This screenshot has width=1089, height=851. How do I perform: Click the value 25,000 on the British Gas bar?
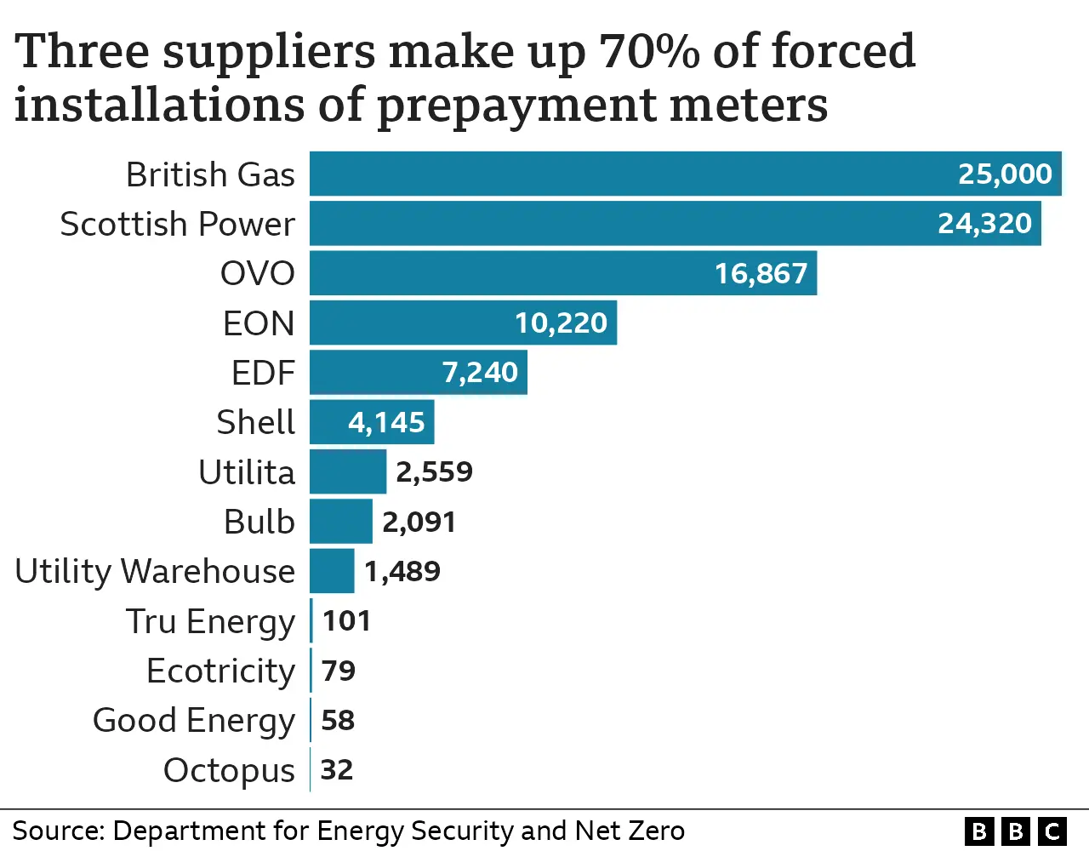(1005, 174)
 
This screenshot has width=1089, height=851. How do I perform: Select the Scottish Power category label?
(177, 224)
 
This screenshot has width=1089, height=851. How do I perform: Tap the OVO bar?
(510, 273)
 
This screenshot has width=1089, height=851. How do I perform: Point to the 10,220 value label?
(561, 323)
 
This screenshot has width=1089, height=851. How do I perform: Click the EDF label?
(263, 373)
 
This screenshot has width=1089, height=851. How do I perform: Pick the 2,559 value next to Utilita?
(434, 471)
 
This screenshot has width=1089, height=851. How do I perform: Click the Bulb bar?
(340, 521)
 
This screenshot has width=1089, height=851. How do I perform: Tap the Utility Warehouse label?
(155, 571)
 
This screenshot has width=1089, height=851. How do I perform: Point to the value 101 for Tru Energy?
(346, 620)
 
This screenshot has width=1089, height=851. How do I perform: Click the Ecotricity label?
(220, 671)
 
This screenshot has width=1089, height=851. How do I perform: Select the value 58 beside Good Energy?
(338, 720)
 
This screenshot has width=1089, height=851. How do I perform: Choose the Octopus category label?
(229, 770)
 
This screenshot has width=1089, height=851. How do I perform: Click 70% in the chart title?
(649, 51)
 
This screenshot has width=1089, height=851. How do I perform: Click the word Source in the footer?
(57, 831)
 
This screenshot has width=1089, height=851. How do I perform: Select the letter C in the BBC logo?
(1052, 831)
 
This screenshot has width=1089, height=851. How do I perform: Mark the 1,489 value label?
(402, 571)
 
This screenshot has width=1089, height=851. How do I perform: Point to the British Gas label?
(210, 174)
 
